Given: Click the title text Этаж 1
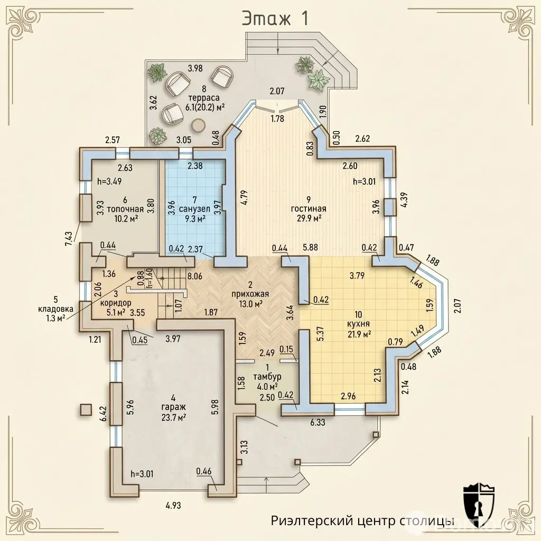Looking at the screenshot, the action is click(x=275, y=18).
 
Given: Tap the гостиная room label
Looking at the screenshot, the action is click(x=309, y=209).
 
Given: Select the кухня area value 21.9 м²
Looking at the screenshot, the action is click(x=359, y=334).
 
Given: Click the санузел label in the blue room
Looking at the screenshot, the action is click(x=194, y=209).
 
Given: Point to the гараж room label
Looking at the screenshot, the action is click(x=173, y=407).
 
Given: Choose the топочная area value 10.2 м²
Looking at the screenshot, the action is click(x=126, y=218).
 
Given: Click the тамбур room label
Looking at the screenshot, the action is click(x=267, y=376).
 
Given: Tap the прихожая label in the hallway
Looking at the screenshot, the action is click(x=250, y=294).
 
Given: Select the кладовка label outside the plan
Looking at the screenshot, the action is click(x=56, y=309).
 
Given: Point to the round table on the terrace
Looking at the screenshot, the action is click(x=199, y=125).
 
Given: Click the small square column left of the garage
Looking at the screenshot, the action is click(x=86, y=409).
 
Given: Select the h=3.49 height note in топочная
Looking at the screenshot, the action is click(x=109, y=181).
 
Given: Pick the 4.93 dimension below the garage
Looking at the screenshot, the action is click(x=173, y=506).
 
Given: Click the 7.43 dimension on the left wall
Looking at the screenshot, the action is click(x=69, y=238).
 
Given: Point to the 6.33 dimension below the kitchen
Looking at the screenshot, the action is click(x=318, y=422).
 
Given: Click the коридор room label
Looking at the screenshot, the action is click(x=116, y=303).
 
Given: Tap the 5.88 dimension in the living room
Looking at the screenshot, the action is click(x=310, y=247).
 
